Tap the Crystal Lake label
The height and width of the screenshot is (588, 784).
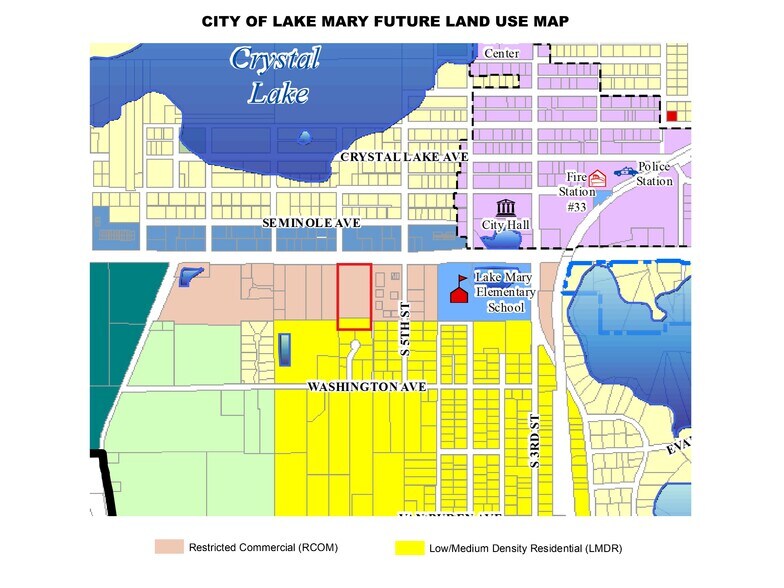click(x=274, y=76)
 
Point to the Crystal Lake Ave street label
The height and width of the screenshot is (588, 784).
click(x=404, y=158)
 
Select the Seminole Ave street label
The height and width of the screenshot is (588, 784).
click(x=311, y=224)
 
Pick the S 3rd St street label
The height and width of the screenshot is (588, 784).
click(x=536, y=440)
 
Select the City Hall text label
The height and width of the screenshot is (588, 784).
click(x=507, y=225)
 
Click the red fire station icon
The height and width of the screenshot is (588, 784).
click(x=597, y=179)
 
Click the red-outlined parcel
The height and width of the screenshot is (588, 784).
click(x=354, y=296)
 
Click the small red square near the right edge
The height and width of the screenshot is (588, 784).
click(x=672, y=116)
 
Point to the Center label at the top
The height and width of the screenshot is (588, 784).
click(x=501, y=52)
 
